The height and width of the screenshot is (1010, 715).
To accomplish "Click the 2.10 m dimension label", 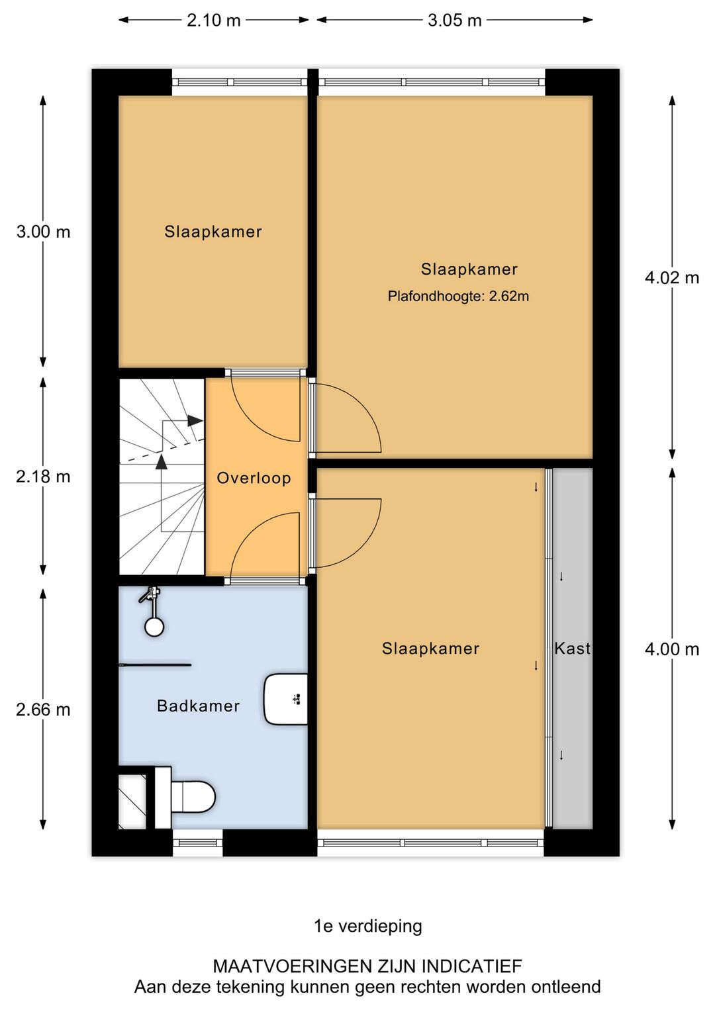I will [213, 20].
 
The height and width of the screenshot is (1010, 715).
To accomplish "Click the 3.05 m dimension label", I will [454, 20].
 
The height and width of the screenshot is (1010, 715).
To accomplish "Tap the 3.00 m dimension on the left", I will [43, 232].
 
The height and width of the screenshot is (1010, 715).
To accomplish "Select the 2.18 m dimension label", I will [43, 477].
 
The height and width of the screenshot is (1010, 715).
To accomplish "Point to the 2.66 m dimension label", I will [43, 710].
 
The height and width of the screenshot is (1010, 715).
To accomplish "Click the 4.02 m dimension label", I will [671, 277].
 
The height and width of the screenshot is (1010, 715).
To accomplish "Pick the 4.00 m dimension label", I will [671, 649].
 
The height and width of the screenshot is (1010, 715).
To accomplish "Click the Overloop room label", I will [254, 478].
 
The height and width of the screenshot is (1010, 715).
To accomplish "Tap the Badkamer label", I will [198, 706].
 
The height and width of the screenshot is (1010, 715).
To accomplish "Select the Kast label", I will [572, 649].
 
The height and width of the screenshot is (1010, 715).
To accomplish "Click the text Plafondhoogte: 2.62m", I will [458, 297].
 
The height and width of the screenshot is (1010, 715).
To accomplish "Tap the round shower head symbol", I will [154, 626].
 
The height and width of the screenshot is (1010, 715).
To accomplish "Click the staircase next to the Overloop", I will [162, 477].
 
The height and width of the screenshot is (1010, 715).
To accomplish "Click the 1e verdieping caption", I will [367, 926].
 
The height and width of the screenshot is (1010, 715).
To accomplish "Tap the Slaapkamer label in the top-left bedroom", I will [213, 232].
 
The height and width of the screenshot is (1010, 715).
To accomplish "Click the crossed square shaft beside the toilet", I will [132, 802].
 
